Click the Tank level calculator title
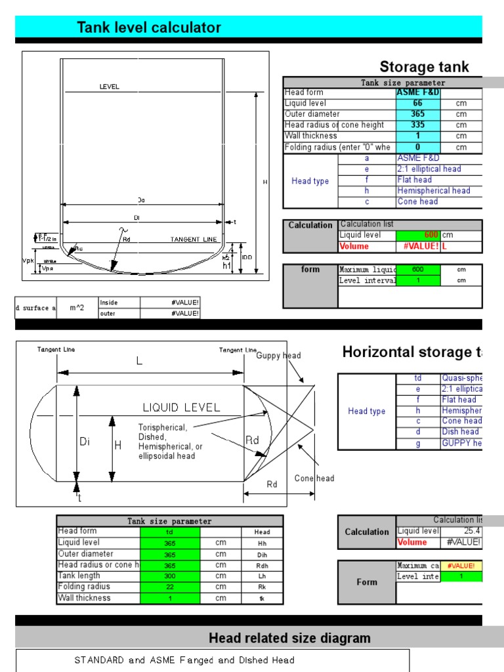coord(149,28)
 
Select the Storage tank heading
coord(424,67)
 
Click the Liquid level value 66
coord(417,104)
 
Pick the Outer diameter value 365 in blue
coord(417,114)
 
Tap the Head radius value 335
coord(417,125)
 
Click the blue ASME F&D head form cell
coord(417,93)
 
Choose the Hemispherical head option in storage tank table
coord(434,191)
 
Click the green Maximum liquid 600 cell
coord(417,270)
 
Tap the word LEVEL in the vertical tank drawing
coord(109,87)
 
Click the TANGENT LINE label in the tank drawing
coord(194,240)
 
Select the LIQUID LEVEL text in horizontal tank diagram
coord(182,408)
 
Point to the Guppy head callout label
coord(278,356)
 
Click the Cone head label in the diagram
coord(314,478)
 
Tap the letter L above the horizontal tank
coord(139,361)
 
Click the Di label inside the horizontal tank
coord(85,442)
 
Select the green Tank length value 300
coord(169,576)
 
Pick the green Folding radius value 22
coord(169,587)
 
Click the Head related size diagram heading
coord(289,638)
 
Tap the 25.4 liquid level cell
coord(471,531)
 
